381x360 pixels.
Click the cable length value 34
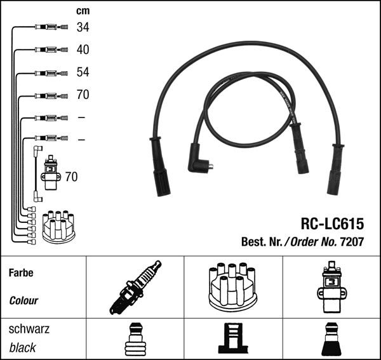pyautogui.click(x=83, y=27)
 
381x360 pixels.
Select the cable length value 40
pyautogui.click(x=83, y=50)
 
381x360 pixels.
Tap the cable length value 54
pyautogui.click(x=83, y=72)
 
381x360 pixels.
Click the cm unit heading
pyautogui.click(x=83, y=11)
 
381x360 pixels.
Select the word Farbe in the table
pyautogui.click(x=21, y=273)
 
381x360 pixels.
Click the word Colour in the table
pyautogui.click(x=23, y=300)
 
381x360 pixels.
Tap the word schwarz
pyautogui.click(x=29, y=329)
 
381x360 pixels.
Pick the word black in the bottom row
pyautogui.click(x=23, y=347)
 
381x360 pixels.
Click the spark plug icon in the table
pyautogui.click(x=135, y=286)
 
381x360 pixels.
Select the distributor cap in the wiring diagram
pyautogui.click(x=58, y=226)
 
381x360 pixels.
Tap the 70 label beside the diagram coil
pyautogui.click(x=71, y=177)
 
